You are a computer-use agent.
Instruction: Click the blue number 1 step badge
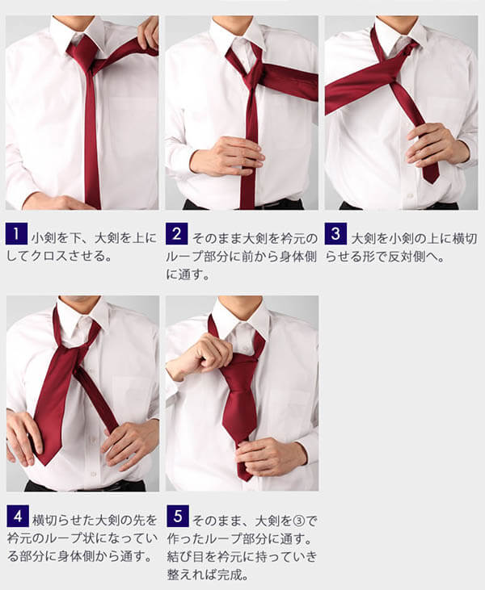(17, 234)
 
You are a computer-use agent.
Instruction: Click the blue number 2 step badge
(176, 234)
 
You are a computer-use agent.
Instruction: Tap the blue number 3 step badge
(335, 234)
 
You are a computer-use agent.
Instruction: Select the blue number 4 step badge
(18, 517)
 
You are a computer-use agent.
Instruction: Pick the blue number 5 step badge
(178, 517)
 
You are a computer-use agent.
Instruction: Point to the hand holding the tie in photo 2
(226, 156)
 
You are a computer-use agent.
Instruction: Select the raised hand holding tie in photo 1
(148, 33)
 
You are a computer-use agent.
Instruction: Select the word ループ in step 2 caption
(183, 257)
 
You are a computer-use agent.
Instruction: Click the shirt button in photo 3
(410, 196)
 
